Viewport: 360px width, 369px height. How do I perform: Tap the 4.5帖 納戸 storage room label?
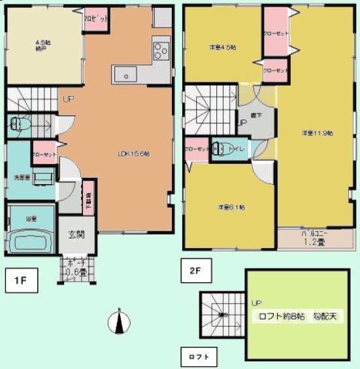[x=42, y=47]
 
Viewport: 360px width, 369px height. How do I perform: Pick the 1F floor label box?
[x=21, y=282]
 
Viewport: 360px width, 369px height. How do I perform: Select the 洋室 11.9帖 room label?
[x=318, y=133]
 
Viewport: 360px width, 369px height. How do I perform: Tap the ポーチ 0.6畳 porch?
[x=77, y=268]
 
